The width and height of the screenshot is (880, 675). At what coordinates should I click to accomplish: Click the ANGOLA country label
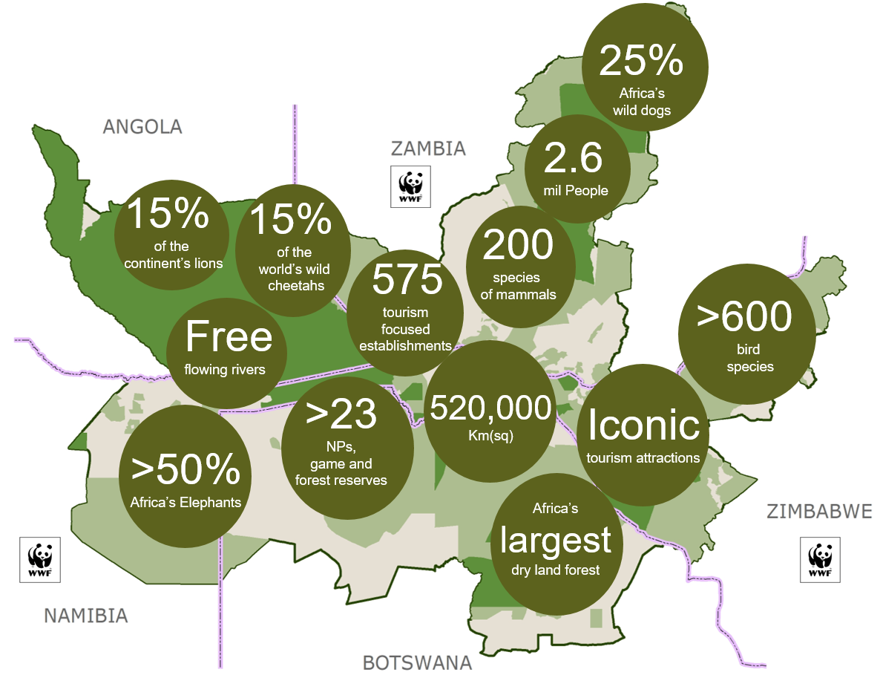pos(142,127)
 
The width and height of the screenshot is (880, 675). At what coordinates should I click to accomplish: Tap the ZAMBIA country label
pos(428,149)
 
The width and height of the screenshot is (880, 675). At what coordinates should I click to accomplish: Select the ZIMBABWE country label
pos(819,512)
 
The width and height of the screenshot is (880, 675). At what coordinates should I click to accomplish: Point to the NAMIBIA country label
pos(86,616)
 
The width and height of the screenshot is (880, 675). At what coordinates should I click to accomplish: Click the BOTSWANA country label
pos(417,662)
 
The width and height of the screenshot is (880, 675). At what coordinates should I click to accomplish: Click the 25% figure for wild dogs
pos(640,62)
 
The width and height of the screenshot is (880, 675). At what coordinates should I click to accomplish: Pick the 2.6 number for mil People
pos(574,158)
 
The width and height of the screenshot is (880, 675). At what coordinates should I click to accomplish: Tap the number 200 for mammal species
pos(519,244)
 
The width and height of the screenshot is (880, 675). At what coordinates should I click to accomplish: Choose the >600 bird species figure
pos(744,317)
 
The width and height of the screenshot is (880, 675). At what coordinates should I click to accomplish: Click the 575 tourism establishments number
pos(407,280)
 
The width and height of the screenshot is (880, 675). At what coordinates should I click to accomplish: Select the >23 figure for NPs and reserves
pos(341,415)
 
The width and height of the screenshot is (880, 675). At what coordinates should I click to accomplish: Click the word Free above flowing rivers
pos(229,336)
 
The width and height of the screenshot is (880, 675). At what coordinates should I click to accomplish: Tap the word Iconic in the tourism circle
pos(643,425)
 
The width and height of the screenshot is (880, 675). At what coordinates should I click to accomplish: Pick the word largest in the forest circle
pos(555,540)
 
